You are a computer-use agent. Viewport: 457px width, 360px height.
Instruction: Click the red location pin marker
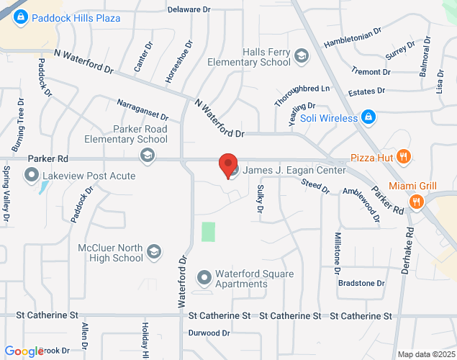coord(228,165)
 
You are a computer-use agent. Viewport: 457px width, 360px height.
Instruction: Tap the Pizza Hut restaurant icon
coord(404,156)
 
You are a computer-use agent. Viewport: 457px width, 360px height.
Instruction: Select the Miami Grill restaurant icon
coord(415,202)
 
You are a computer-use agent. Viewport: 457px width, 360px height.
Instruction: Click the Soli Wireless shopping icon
coord(368,117)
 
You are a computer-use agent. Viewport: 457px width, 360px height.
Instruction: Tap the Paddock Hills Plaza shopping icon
coord(19,17)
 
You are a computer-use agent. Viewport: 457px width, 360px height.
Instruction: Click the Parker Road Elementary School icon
coord(148,153)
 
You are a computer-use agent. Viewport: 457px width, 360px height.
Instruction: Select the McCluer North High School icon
coord(153,251)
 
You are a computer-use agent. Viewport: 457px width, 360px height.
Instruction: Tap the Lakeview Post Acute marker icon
coord(31,174)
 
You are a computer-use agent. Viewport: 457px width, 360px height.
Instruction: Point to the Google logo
coord(24,351)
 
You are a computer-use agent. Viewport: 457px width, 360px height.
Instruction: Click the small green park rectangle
coord(208,232)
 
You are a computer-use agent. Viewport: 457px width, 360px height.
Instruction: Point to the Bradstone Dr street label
coord(362,283)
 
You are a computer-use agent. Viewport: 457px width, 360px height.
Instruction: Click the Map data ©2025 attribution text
coord(426,354)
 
